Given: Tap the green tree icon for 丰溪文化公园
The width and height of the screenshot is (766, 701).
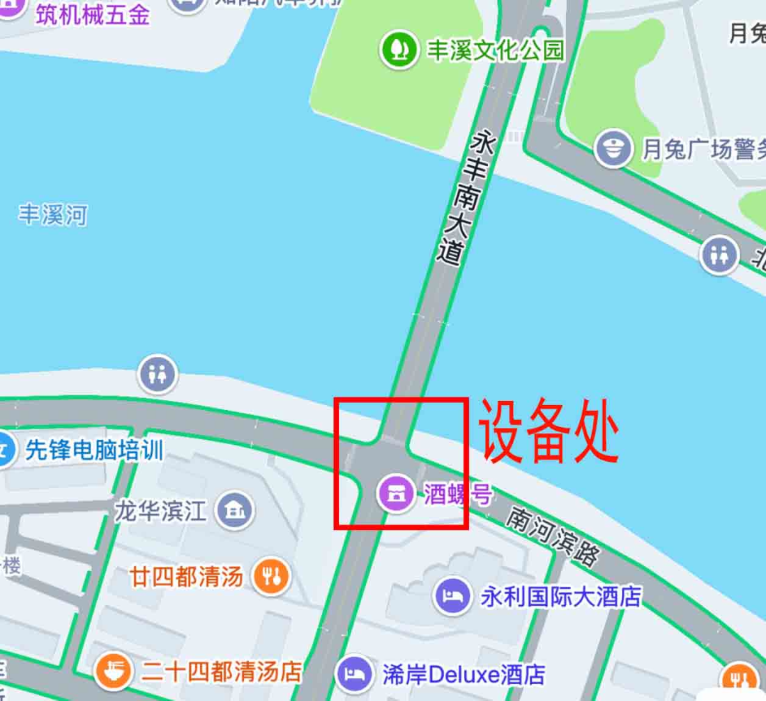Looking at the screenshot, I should (399, 50).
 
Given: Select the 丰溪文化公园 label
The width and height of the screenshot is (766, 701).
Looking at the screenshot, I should (495, 50).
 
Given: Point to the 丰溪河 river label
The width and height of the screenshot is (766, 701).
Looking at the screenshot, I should (52, 214).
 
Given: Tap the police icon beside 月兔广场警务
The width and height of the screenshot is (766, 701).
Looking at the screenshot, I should (613, 149).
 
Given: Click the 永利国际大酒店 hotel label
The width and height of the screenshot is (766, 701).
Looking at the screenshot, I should (561, 596).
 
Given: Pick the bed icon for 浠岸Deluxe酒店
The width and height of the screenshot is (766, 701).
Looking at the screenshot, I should (355, 673).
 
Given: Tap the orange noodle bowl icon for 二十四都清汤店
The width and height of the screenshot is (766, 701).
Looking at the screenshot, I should (113, 671).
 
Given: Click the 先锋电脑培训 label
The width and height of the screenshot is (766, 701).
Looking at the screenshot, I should (94, 450).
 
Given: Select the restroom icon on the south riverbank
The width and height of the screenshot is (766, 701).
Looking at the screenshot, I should (157, 373).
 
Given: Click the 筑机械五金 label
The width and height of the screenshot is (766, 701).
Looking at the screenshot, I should (93, 16).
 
